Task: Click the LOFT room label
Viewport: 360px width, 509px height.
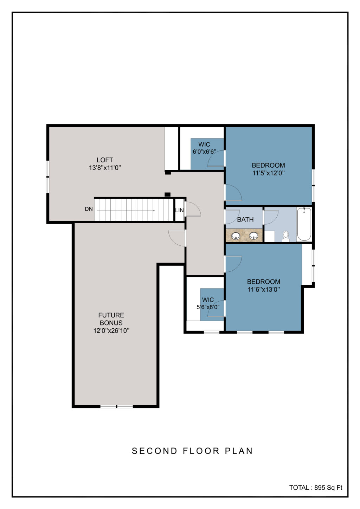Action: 105,160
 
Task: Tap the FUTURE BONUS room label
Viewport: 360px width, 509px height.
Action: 111,319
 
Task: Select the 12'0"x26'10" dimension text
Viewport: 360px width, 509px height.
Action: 111,330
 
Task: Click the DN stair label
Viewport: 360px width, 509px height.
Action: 89,209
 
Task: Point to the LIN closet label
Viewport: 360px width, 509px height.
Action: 179,211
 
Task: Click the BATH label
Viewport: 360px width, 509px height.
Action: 245,219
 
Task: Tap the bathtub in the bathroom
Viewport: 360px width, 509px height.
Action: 304,224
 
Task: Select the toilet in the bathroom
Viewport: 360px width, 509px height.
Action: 286,236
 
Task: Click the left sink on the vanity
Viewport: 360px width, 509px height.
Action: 236,236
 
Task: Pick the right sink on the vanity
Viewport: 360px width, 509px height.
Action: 253,236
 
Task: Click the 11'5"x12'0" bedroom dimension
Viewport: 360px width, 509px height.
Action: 269,173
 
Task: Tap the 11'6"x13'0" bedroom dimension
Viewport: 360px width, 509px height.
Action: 264,289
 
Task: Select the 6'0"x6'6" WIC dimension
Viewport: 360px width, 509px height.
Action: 204,152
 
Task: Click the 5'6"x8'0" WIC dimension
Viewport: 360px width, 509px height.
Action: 208,307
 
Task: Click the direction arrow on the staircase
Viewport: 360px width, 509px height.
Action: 126,211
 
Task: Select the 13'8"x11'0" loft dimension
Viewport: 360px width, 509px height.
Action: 105,168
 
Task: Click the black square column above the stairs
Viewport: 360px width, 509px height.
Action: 167,194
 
